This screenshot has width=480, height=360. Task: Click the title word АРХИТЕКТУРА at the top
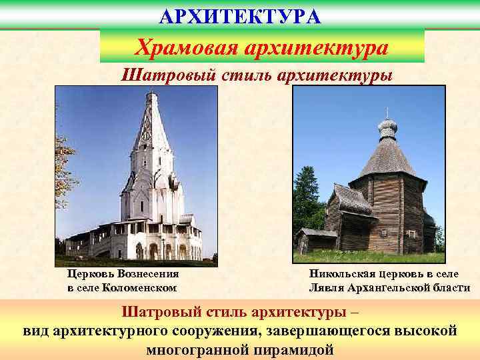(240, 15)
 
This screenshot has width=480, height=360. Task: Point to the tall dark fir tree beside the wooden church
(308, 200)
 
